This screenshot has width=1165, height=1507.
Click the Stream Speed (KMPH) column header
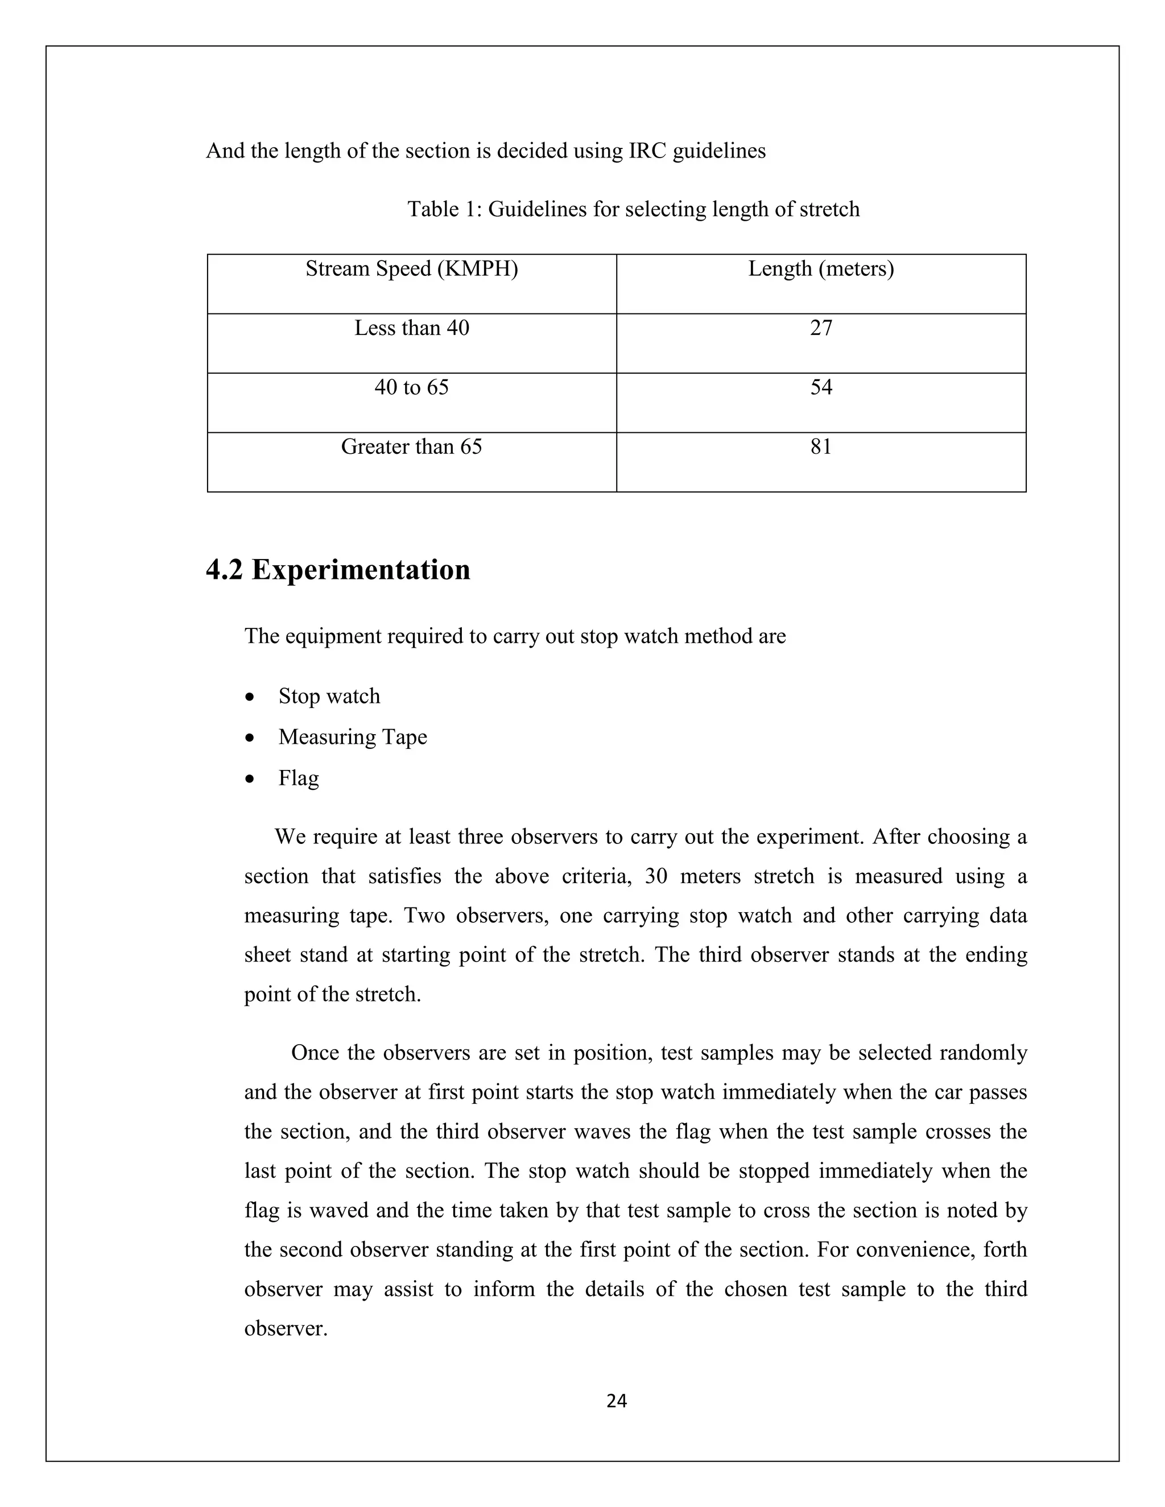coord(411,268)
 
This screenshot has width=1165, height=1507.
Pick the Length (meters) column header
coord(821,268)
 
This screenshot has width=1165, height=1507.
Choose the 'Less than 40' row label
coord(411,328)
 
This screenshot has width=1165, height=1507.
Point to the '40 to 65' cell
coord(411,387)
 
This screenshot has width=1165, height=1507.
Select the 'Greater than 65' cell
coord(411,446)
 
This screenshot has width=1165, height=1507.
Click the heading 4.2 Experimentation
coord(338,570)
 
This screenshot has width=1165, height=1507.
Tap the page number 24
coord(616,1401)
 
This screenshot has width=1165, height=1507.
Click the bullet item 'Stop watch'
coord(329,695)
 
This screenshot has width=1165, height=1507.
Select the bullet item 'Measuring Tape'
coord(353,737)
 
